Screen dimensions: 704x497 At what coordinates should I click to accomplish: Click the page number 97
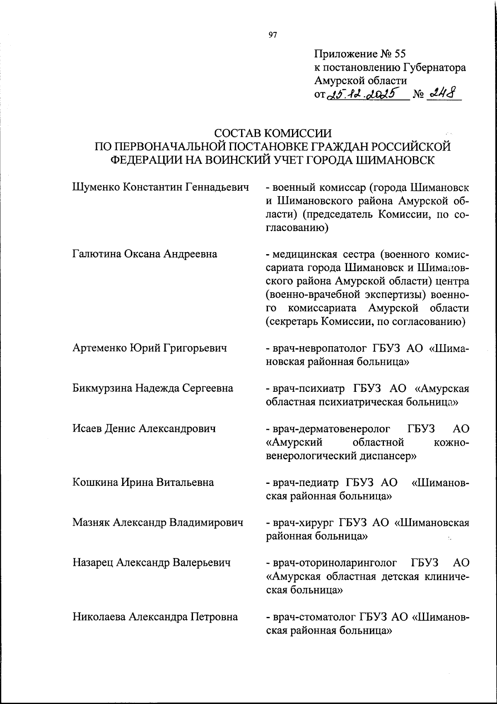(x=272, y=35)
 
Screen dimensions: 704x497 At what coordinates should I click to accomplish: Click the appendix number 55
(x=400, y=54)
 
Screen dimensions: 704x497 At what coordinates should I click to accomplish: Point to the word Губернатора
(x=433, y=68)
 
